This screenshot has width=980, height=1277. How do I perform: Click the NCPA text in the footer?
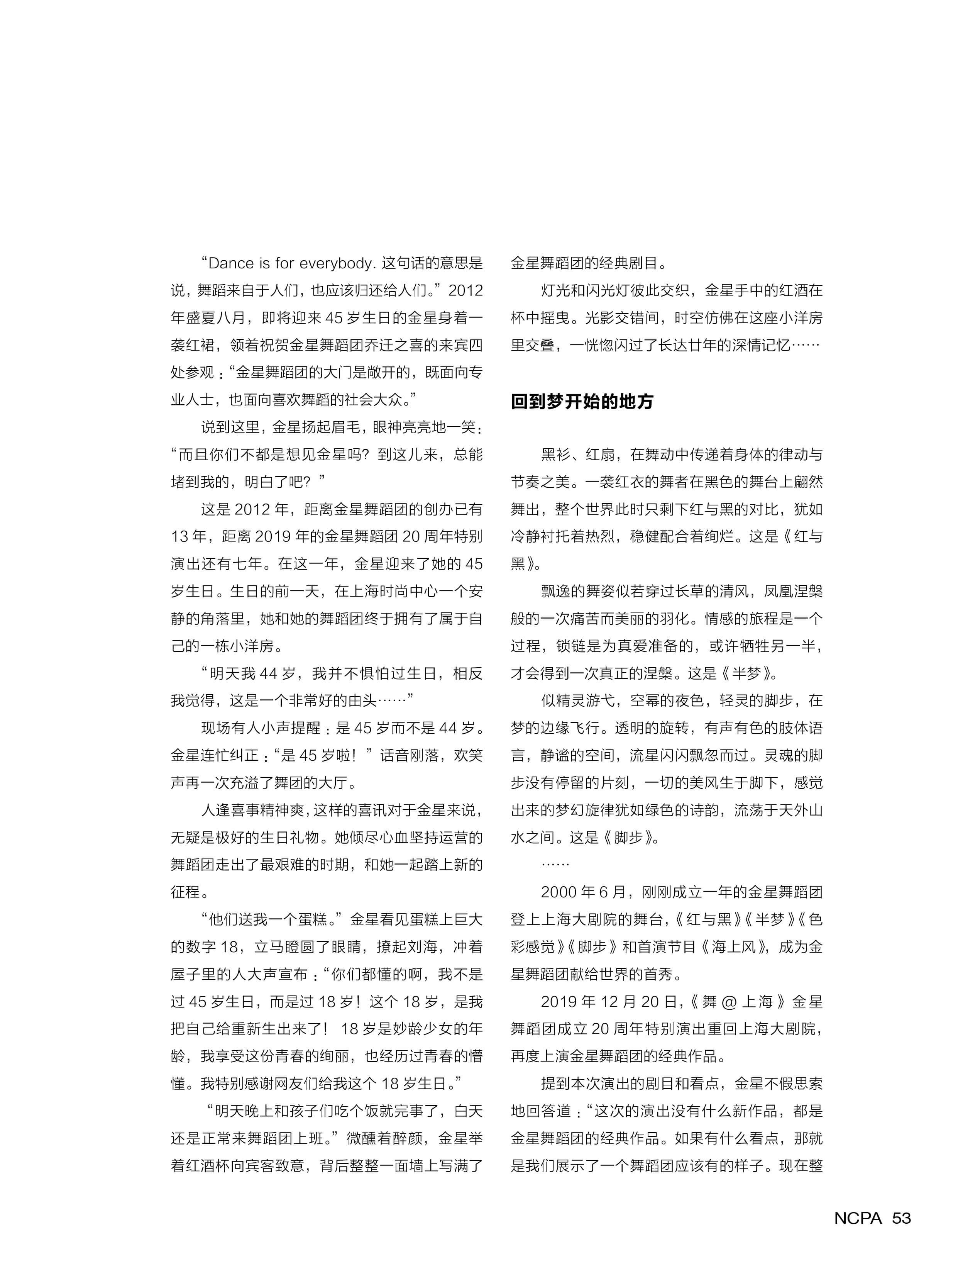pyautogui.click(x=858, y=1218)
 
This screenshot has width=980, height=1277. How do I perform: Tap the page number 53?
pyautogui.click(x=901, y=1218)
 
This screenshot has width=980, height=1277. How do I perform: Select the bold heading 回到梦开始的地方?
pyautogui.click(x=582, y=402)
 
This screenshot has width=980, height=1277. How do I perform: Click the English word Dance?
pyautogui.click(x=231, y=263)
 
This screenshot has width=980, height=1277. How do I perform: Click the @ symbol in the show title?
pyautogui.click(x=729, y=1002)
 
